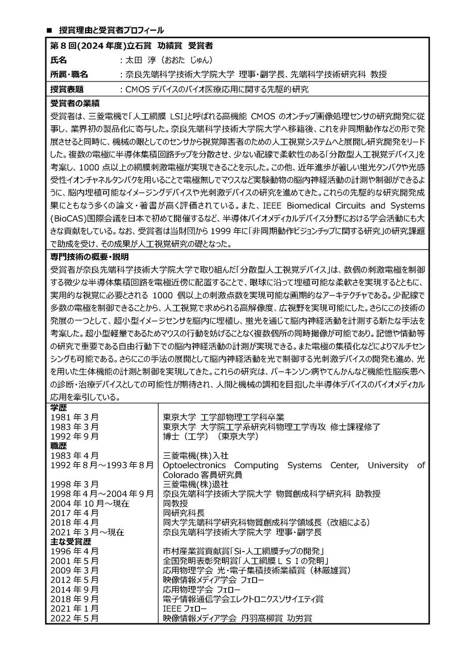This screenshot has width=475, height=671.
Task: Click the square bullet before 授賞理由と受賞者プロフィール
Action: pos(49,31)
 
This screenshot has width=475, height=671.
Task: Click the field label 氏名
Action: pos(58,60)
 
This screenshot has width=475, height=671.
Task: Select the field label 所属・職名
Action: pos(69,75)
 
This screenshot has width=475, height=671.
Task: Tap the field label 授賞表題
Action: pos(67,89)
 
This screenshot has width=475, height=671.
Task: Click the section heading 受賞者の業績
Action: pos(75,104)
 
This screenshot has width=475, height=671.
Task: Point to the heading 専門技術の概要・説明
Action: pos(90,257)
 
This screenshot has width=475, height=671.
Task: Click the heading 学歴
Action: pos(58,408)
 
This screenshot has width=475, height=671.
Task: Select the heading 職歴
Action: pos(58,446)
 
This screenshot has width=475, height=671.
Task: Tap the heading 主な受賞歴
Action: pos(67,542)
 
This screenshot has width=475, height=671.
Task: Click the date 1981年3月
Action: pos(74,418)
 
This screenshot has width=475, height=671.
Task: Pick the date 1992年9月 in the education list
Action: pos(74,436)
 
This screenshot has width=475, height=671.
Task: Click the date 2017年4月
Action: pos(74,513)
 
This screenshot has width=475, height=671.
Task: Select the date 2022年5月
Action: pos(74,618)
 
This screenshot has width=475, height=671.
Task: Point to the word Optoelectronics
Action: pos(194,465)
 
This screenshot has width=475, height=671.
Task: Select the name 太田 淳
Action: pos(141,60)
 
